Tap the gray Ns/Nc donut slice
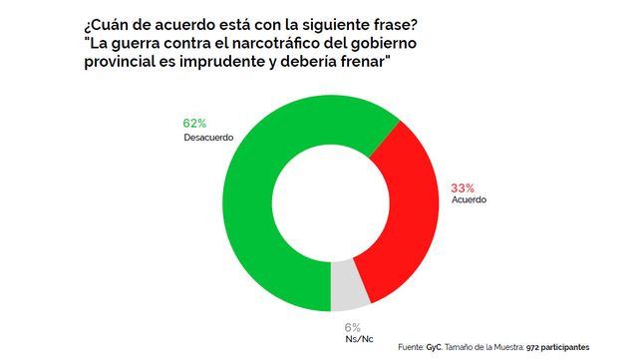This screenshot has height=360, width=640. (349, 286)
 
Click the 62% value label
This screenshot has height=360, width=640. (194, 124)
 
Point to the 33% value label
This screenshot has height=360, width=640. (463, 188)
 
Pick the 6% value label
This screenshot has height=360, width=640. (353, 327)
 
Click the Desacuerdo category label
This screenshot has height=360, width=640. (208, 138)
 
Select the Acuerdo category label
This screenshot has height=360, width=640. (469, 199)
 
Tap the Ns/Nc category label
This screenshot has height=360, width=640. (359, 339)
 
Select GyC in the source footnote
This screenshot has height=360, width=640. (435, 348)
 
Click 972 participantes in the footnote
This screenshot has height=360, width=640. (557, 348)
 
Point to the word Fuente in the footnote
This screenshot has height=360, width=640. (411, 348)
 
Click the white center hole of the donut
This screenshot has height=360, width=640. (331, 203)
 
